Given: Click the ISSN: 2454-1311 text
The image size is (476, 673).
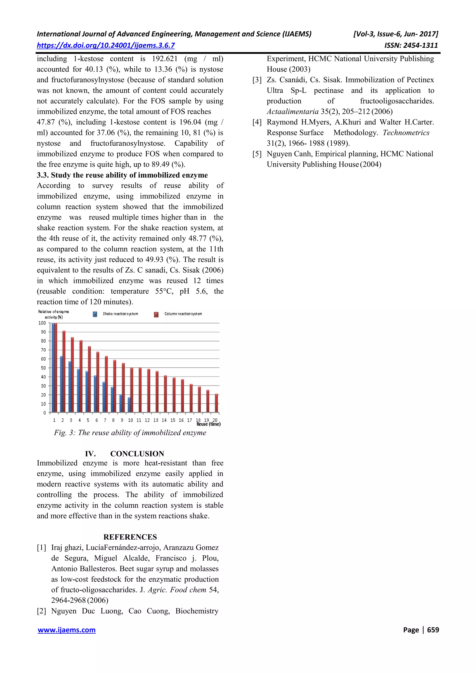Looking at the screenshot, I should click(411, 46).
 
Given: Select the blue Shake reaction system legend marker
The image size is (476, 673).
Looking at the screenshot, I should click(95, 314).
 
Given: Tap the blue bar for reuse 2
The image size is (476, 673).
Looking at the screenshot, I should click(61, 384).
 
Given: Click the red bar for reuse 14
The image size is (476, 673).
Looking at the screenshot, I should click(165, 394).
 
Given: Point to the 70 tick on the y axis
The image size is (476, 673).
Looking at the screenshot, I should click(43, 350).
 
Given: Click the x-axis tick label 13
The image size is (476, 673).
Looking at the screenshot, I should click(156, 420).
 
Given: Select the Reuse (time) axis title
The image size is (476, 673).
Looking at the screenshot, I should click(208, 424).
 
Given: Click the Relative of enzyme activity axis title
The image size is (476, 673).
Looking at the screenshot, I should click(53, 314).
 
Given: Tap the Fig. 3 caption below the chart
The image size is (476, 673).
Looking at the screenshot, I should click(130, 433).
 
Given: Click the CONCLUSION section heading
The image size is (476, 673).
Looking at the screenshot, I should click(137, 454).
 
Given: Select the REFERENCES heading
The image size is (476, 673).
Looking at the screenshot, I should click(130, 537).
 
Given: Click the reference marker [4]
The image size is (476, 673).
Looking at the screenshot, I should click(257, 122).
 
